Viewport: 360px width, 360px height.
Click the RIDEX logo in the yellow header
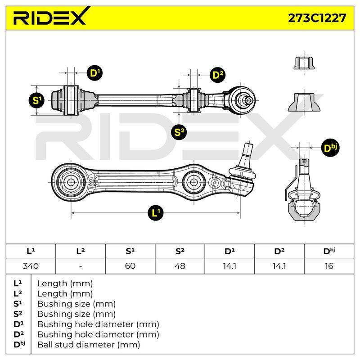[49, 17]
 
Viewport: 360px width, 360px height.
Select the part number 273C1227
[317, 18]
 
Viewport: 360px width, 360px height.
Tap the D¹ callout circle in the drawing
[95, 73]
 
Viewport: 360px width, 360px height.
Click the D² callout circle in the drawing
[218, 75]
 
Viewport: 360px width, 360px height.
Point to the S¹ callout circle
[37, 100]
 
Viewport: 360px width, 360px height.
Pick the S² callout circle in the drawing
[179, 132]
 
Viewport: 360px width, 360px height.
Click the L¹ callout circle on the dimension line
[156, 213]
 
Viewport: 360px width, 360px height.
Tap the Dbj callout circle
[330, 148]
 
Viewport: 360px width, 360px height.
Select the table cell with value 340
[31, 266]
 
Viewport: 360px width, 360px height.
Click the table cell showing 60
[130, 266]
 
